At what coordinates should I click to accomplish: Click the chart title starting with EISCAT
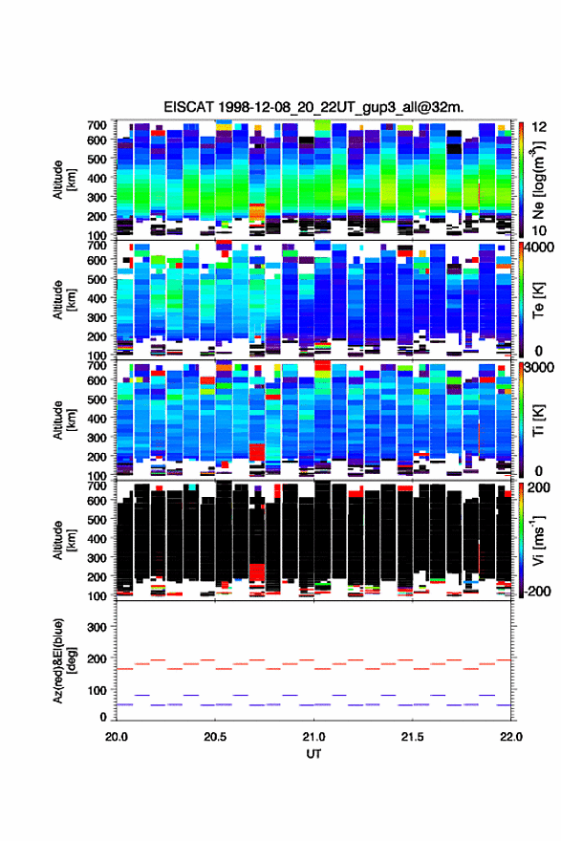[313, 107]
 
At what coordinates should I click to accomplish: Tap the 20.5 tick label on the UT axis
[215, 737]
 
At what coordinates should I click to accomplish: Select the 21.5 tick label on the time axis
[413, 737]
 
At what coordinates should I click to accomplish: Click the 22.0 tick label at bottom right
[511, 737]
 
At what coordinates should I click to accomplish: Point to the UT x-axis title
[313, 754]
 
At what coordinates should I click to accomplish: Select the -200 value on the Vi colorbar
[537, 591]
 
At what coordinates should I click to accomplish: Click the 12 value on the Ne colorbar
[540, 128]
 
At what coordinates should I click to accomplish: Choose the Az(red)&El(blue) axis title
[62, 660]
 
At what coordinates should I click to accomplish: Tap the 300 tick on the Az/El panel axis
[97, 628]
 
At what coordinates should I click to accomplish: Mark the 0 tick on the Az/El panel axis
[103, 717]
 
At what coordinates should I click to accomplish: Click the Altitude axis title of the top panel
[63, 180]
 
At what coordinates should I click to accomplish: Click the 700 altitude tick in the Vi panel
[97, 485]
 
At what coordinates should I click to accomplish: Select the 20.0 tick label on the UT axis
[117, 737]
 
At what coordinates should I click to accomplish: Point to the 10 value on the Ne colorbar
[540, 230]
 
